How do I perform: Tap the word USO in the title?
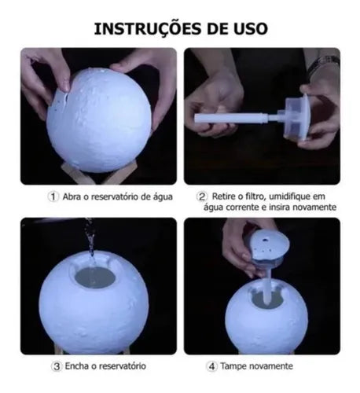(x=245, y=28)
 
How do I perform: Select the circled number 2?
(x=202, y=196)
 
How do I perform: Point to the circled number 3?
(x=56, y=366)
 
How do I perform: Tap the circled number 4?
(x=212, y=366)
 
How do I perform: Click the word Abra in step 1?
(x=72, y=196)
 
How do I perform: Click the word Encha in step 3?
(x=76, y=366)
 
